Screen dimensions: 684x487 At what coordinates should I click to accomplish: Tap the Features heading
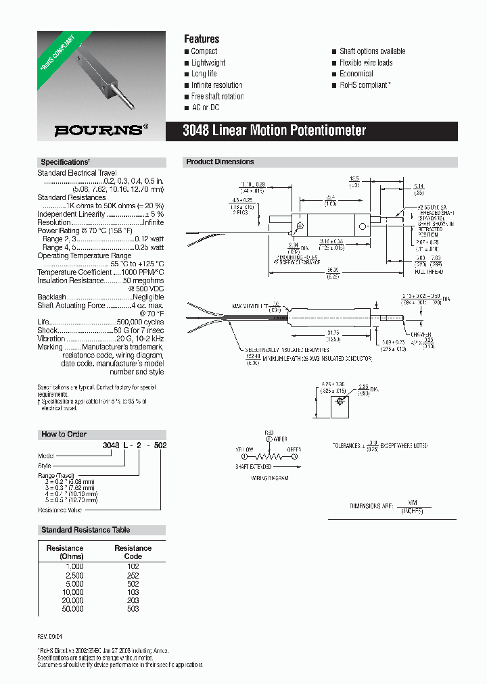tap(202, 39)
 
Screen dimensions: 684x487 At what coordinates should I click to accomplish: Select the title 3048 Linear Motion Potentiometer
tap(275, 130)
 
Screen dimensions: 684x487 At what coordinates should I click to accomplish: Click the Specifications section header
tap(65, 162)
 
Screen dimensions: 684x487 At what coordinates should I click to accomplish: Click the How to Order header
tap(64, 435)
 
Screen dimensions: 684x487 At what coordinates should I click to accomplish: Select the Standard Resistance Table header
tap(86, 530)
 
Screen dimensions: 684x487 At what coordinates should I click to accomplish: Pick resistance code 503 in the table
tap(133, 609)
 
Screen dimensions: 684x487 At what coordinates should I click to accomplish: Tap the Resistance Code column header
tap(133, 552)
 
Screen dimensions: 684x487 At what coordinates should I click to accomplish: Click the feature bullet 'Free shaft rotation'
tap(217, 97)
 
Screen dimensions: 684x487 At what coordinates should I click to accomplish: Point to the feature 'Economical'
tap(356, 74)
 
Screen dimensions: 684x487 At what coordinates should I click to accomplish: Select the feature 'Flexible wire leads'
tap(366, 63)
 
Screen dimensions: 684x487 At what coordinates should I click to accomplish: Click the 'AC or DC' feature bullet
tap(205, 108)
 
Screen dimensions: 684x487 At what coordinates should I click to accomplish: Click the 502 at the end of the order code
tap(160, 447)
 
